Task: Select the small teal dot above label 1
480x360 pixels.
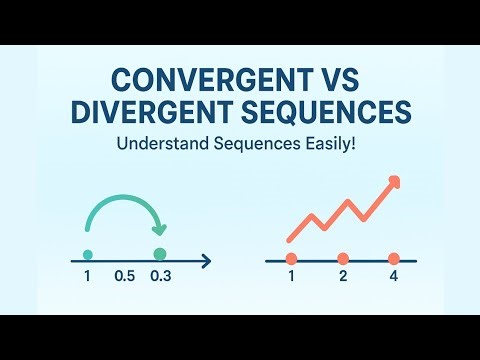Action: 88,255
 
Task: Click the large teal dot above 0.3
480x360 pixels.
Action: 158,255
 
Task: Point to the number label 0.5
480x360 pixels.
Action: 125,277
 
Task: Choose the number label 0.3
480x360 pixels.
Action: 161,277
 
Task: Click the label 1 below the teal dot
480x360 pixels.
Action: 88,277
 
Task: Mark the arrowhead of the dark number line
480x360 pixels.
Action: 206,261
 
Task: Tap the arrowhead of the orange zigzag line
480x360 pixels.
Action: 394,181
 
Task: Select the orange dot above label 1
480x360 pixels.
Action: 292,259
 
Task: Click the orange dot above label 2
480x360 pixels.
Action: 342,259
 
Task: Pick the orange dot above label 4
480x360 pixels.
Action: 393,259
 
